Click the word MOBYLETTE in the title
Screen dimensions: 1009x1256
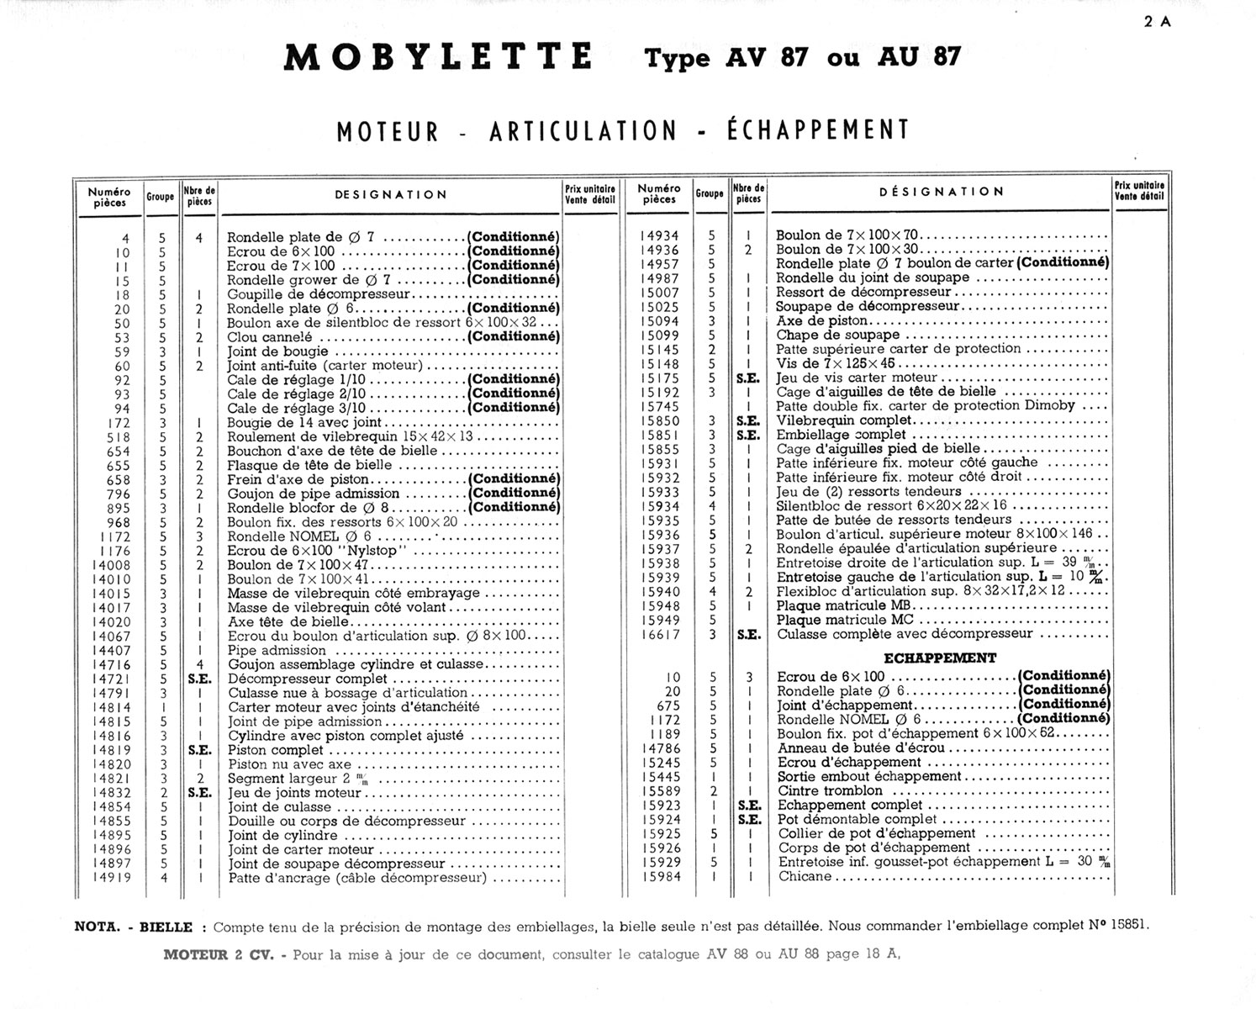coord(438,57)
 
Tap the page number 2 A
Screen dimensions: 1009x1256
coord(1158,23)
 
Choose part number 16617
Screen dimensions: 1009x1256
coord(660,634)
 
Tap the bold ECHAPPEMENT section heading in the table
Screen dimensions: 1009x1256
coord(940,658)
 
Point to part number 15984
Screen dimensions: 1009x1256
coord(660,876)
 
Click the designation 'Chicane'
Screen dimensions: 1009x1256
coord(805,876)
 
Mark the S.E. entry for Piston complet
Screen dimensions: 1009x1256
coord(199,750)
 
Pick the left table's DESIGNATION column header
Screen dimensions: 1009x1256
coord(391,194)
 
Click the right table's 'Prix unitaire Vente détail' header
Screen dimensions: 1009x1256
coord(1140,191)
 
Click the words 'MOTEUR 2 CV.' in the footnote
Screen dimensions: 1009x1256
coord(219,954)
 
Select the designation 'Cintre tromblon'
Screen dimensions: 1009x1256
coord(830,790)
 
